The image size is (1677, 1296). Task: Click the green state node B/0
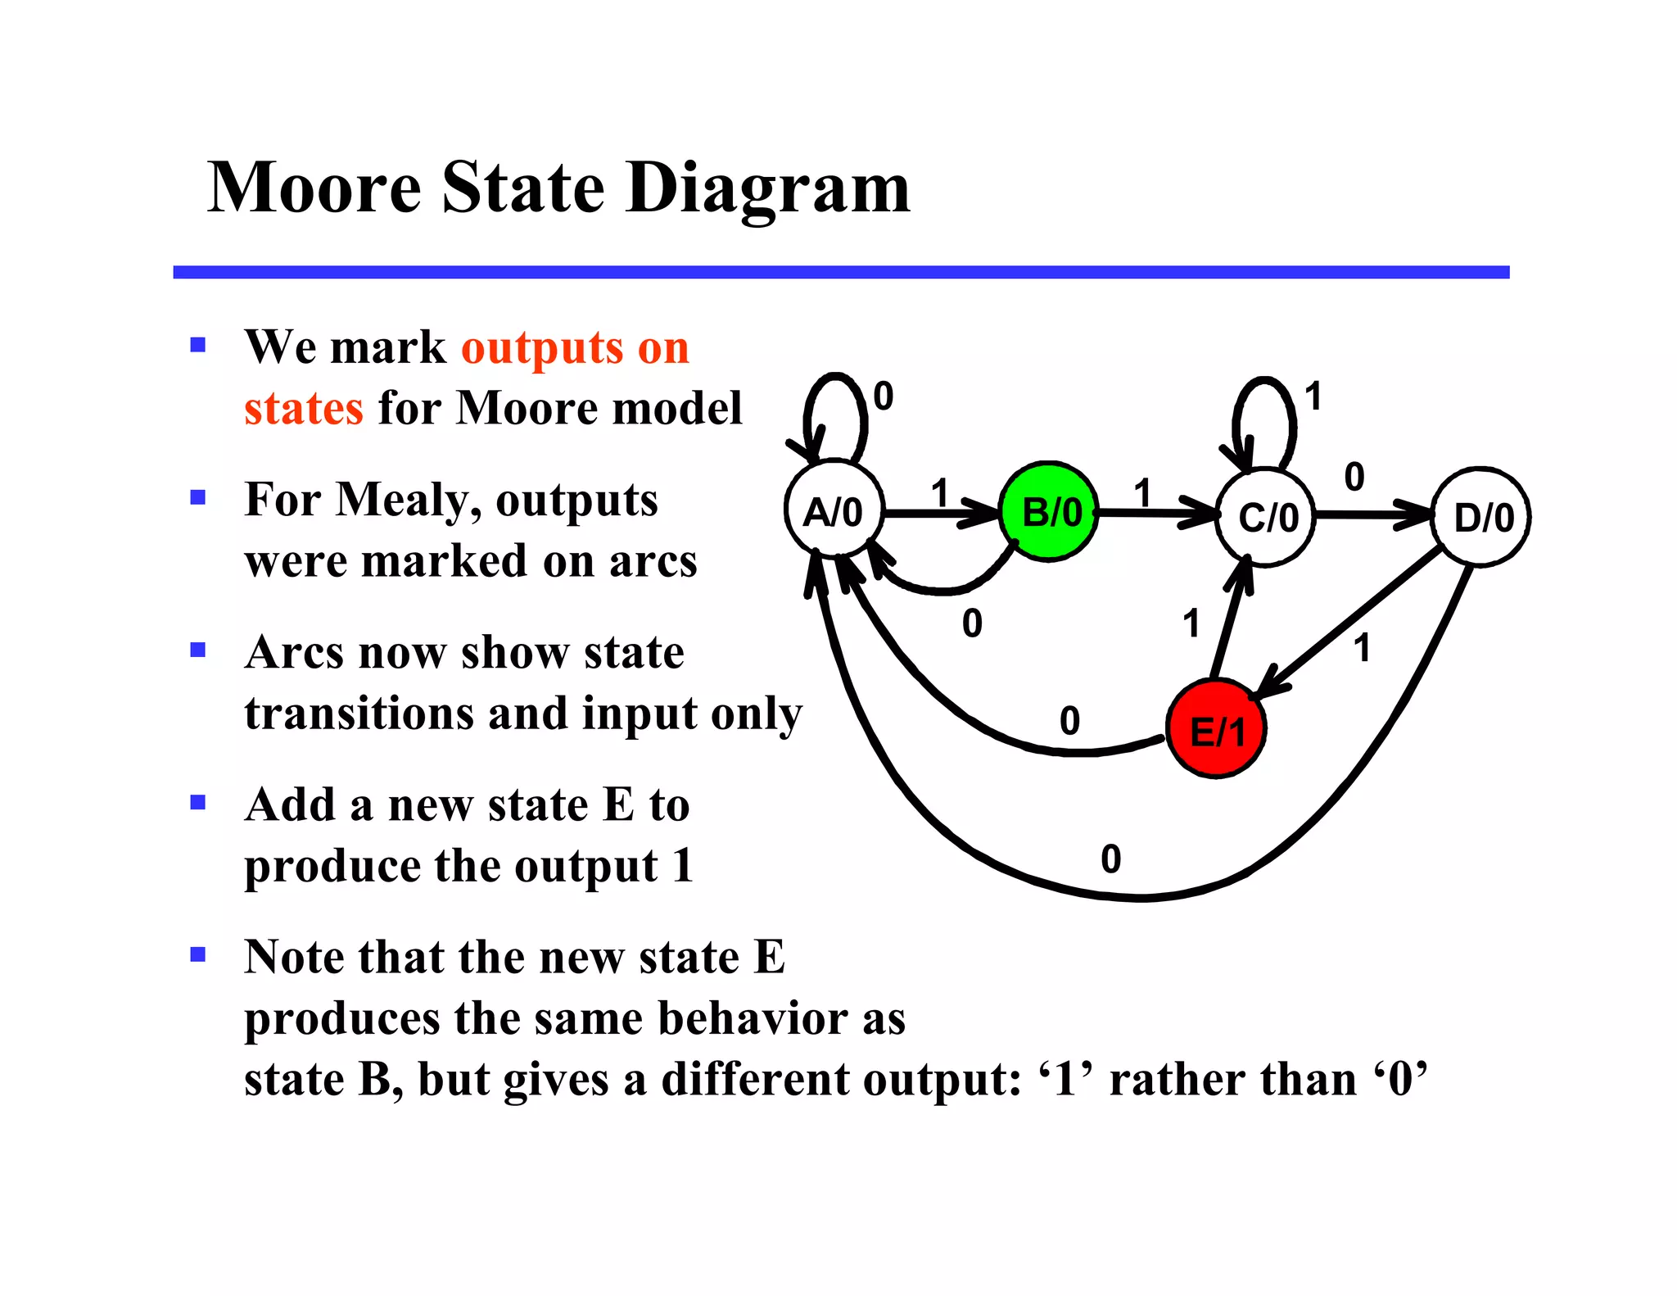1050,513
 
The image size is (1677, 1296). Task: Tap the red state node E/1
1217,729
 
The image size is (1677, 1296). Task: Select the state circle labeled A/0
834,511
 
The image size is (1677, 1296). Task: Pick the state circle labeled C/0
1266,517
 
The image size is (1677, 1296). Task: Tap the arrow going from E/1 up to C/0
1228,623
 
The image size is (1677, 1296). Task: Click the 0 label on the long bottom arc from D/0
1110,859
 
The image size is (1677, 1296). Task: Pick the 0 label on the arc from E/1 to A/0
1069,721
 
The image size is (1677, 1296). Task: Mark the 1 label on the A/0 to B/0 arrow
939,493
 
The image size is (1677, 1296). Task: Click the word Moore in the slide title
314,188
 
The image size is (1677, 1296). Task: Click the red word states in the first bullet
303,408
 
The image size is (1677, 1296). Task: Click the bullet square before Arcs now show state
197,650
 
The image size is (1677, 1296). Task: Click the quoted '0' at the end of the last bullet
1402,1079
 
